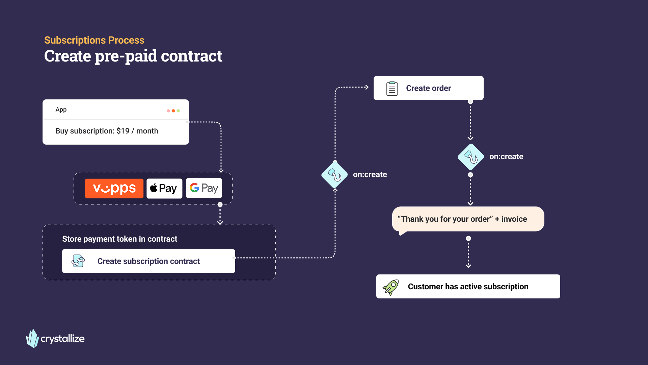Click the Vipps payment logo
[114, 188]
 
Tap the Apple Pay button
[164, 188]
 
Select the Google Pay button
[204, 188]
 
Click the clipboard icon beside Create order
[392, 89]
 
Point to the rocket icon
[390, 287]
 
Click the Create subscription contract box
[148, 261]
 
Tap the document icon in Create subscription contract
[78, 261]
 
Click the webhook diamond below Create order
[471, 157]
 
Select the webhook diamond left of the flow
[334, 175]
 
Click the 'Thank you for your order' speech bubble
[468, 219]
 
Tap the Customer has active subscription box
[468, 287]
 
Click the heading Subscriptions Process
[94, 40]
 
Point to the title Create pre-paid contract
[133, 56]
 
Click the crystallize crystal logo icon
[33, 338]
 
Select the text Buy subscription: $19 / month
[107, 131]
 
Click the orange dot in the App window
[173, 111]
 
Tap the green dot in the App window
[178, 111]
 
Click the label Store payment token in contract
[119, 239]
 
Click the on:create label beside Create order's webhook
[506, 157]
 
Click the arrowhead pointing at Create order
[367, 87]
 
